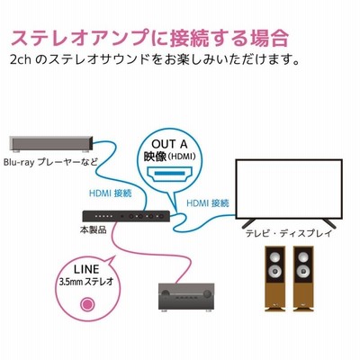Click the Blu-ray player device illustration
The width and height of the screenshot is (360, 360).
click(51, 144)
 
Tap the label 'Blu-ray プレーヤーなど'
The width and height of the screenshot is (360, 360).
click(50, 162)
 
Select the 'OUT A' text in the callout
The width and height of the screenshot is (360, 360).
click(169, 144)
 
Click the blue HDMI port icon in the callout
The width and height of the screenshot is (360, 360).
click(169, 175)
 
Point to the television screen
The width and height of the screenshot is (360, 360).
click(289, 189)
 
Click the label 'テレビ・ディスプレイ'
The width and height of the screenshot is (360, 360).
click(289, 233)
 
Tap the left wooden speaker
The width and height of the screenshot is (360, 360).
click(274, 279)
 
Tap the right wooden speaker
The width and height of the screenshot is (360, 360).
click(303, 279)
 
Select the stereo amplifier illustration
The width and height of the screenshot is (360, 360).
click(186, 296)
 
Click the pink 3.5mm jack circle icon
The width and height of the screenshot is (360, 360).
click(87, 304)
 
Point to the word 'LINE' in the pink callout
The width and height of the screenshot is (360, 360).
click(86, 269)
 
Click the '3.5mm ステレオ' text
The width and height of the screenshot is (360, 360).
click(86, 282)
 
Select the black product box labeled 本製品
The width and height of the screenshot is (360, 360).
click(126, 216)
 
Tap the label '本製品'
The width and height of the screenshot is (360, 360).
click(93, 230)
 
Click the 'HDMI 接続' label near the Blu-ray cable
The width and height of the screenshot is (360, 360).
click(111, 193)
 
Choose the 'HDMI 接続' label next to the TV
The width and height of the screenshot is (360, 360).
click(208, 203)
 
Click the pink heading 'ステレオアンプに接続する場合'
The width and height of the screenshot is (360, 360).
click(149, 39)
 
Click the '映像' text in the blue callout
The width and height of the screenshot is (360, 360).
click(155, 157)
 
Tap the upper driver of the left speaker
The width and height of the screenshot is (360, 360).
click(274, 257)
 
